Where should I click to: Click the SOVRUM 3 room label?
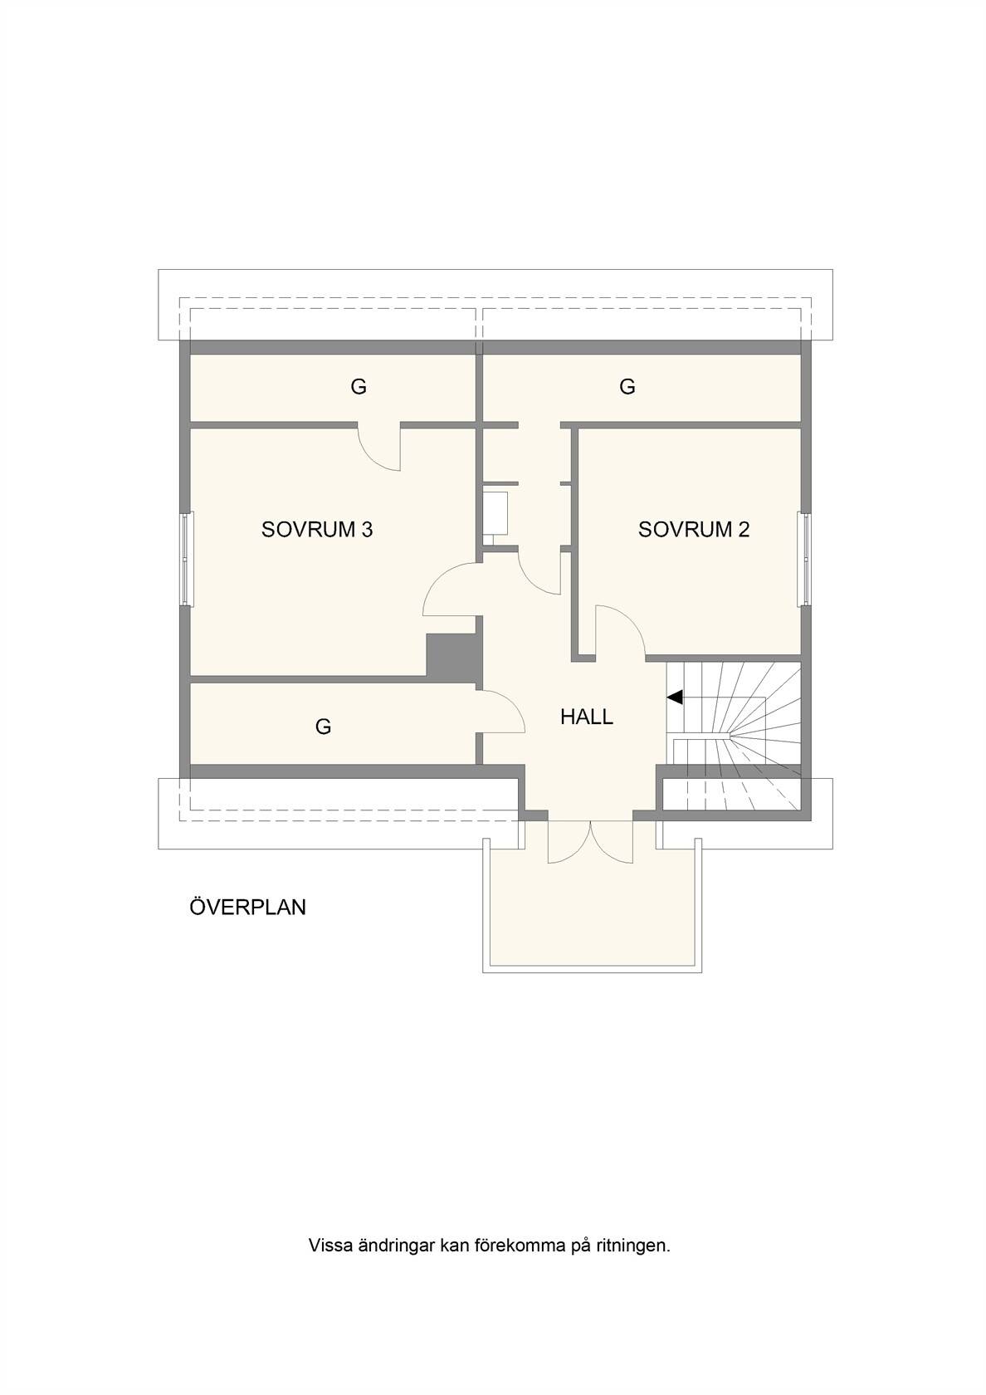317,530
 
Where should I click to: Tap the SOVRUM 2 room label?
694,530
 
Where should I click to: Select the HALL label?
586,717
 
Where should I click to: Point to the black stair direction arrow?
675,697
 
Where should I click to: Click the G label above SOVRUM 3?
359,387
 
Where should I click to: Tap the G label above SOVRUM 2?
627,387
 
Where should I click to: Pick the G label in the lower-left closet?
323,726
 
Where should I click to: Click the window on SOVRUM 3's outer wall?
188,559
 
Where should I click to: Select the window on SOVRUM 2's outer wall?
805,559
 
